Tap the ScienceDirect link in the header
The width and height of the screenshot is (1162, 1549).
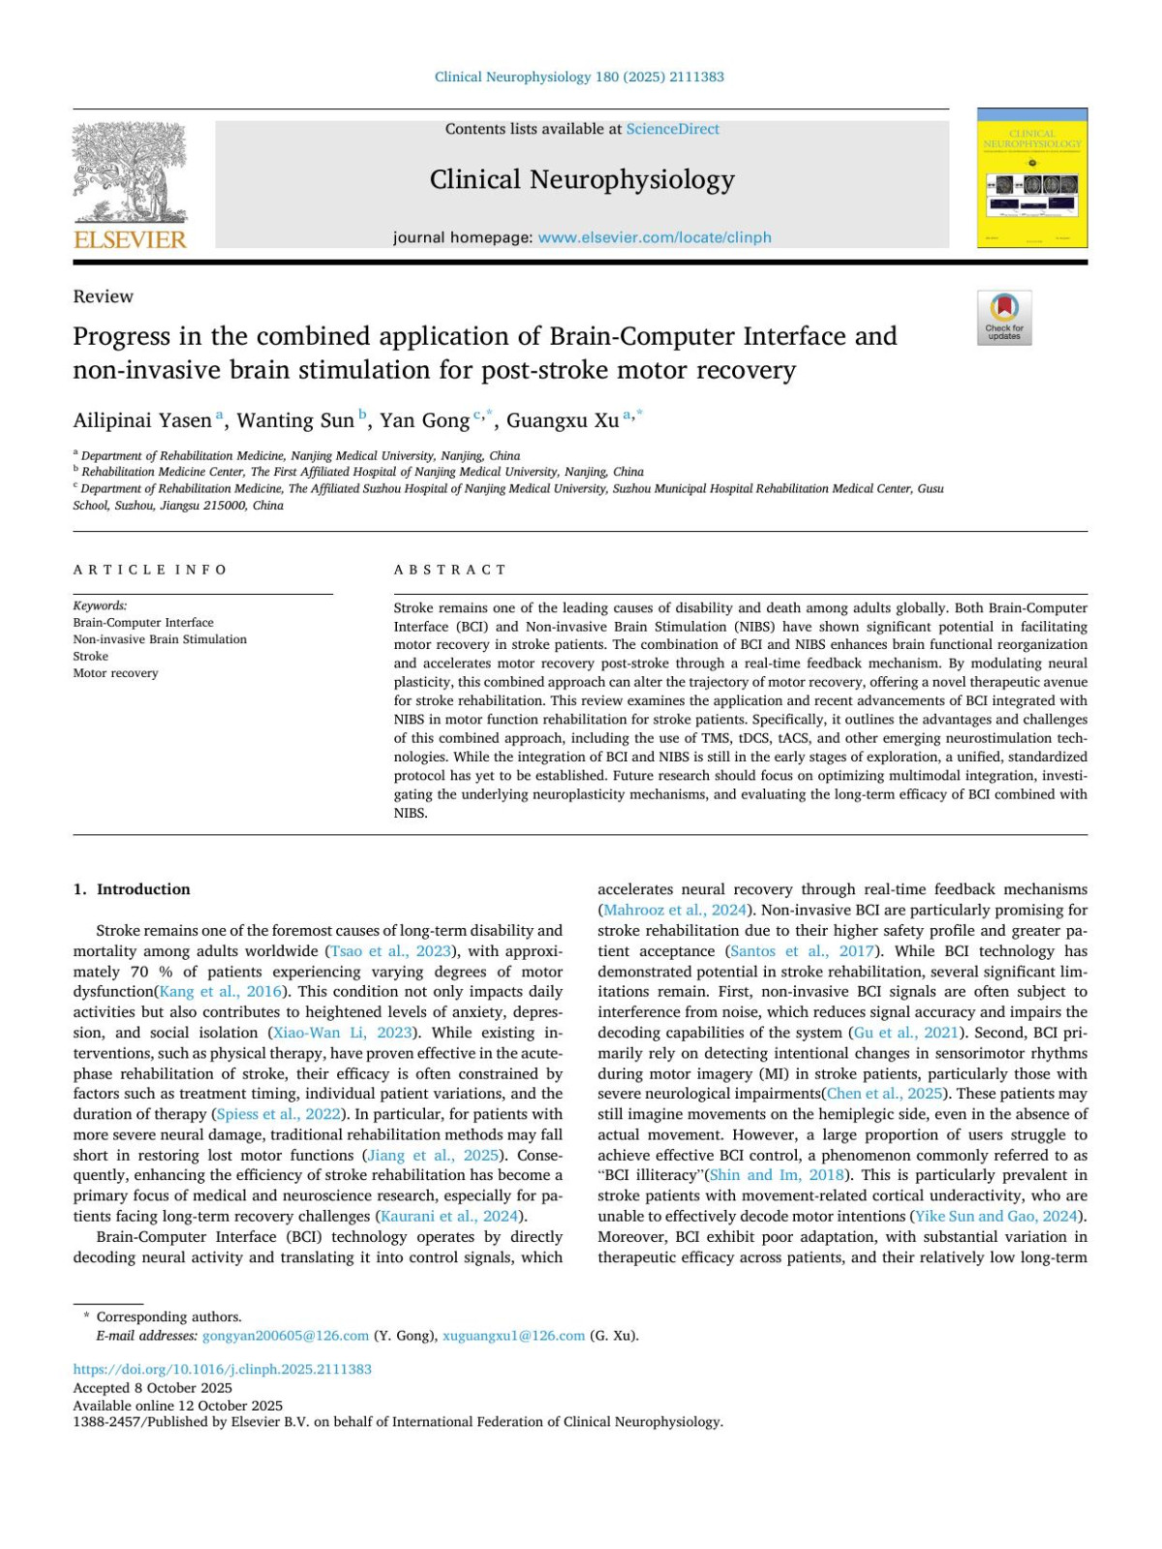[x=672, y=129]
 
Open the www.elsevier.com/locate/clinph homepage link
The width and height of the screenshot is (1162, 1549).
[x=655, y=237]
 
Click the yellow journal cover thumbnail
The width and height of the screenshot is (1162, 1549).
[x=1032, y=180]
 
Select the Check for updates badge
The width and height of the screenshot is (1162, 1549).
[x=1004, y=318]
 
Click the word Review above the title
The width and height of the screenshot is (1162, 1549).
[x=103, y=296]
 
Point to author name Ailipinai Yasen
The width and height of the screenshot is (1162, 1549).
[x=142, y=420]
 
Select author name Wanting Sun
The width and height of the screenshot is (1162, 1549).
[x=295, y=420]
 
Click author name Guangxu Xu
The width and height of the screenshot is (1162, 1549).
[x=563, y=420]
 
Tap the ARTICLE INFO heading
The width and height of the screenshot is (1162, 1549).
[x=150, y=570]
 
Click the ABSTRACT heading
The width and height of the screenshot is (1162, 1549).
[x=450, y=570]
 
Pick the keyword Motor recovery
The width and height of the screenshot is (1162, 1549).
[x=115, y=673]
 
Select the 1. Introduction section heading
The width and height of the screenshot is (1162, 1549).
[x=132, y=889]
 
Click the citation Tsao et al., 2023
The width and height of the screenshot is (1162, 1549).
[x=391, y=951]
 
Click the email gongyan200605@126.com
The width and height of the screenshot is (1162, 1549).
[x=286, y=1336]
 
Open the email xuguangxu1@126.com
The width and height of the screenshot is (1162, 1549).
[x=513, y=1336]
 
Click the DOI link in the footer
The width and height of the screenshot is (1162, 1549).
[x=222, y=1370]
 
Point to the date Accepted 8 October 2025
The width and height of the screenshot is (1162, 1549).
[x=152, y=1388]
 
